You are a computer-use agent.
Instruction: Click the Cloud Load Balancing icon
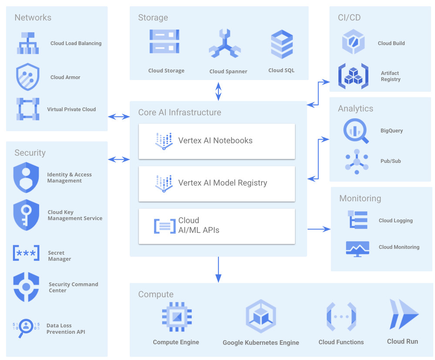click(28, 43)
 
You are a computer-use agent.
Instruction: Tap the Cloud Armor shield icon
click(28, 77)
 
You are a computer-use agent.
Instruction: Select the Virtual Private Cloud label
click(71, 110)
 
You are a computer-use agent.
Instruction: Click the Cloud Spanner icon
click(224, 44)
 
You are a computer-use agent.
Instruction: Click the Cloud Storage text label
click(166, 71)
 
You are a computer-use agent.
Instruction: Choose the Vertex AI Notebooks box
click(217, 141)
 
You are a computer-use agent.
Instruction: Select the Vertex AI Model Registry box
click(217, 183)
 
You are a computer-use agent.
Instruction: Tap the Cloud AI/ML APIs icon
click(165, 226)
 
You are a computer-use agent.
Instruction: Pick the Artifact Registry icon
click(353, 77)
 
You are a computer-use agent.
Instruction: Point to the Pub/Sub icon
click(357, 162)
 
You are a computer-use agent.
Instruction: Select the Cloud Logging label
click(395, 221)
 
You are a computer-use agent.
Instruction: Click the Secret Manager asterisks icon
click(26, 253)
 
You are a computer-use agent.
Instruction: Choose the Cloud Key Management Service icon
click(27, 215)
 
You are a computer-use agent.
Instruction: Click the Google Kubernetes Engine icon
click(261, 317)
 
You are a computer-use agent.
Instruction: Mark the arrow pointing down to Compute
click(218, 270)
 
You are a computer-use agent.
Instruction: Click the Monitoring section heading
click(360, 199)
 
